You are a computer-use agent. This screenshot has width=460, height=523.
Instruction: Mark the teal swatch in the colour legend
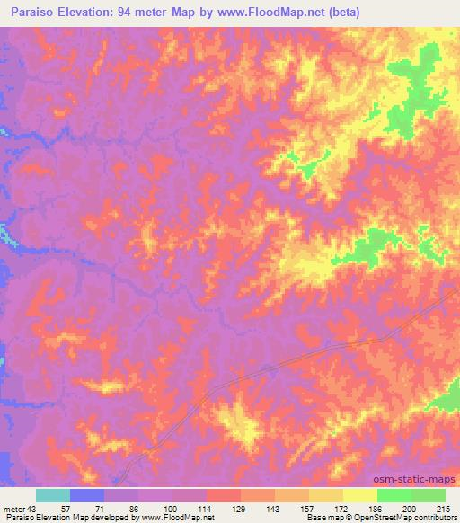tap(52, 496)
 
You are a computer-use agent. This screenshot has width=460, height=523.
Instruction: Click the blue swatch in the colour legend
tap(86, 496)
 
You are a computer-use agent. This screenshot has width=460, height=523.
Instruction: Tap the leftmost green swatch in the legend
tap(394, 496)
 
